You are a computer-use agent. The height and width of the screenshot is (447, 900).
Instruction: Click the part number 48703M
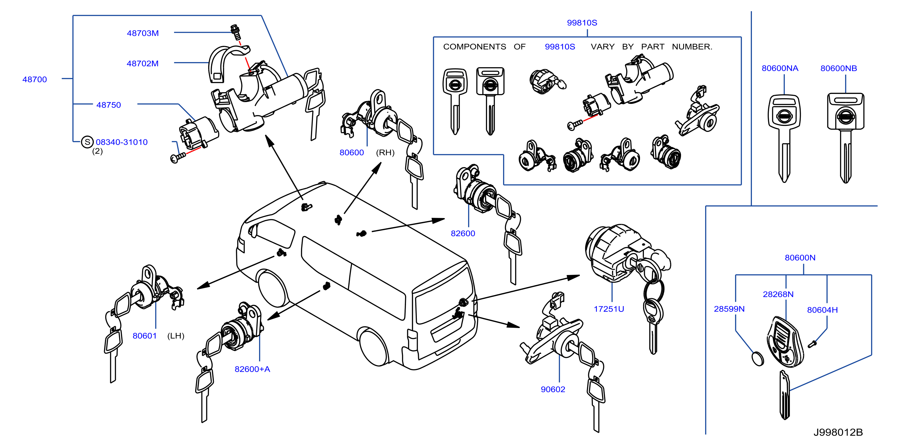(x=143, y=33)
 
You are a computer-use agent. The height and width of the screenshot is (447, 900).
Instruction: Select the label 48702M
(x=143, y=64)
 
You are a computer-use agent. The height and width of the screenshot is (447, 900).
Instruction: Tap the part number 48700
(x=35, y=79)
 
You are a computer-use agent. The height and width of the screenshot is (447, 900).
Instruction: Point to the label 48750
(x=109, y=105)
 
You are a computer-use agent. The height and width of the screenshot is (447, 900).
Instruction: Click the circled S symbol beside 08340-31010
(x=87, y=142)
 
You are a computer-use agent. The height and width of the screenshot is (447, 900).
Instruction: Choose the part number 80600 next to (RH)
(x=351, y=152)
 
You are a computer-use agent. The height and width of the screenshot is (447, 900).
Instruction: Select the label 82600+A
(x=252, y=369)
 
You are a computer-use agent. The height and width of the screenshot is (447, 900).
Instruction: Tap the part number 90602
(x=553, y=389)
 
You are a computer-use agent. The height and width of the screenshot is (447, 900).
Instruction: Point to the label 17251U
(x=609, y=309)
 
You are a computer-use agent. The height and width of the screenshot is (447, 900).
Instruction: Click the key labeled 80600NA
(x=784, y=138)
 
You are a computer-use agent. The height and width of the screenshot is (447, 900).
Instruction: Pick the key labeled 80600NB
(x=845, y=138)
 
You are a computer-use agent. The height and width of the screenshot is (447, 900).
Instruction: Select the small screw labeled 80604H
(x=812, y=344)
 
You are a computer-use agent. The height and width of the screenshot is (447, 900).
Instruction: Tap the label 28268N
(x=778, y=294)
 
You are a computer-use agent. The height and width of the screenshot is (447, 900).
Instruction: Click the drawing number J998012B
(x=838, y=432)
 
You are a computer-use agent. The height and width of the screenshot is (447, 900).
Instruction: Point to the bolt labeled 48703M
(x=236, y=32)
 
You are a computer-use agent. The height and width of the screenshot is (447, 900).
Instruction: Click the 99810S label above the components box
(x=582, y=23)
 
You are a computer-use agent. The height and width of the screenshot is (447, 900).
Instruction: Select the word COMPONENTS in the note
(x=474, y=47)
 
